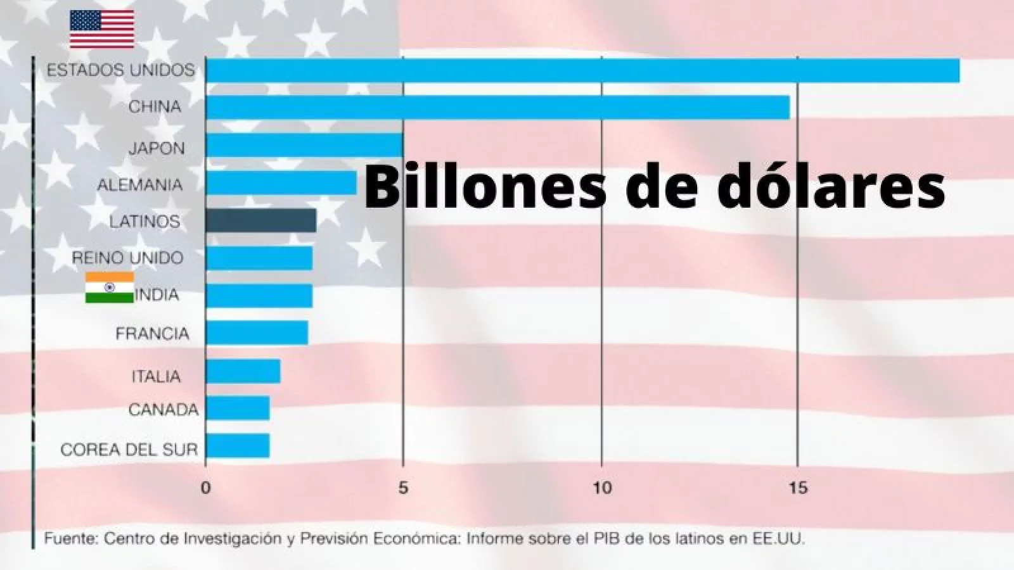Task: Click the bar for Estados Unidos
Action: (x=582, y=70)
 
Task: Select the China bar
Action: (x=497, y=107)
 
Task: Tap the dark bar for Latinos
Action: (x=260, y=220)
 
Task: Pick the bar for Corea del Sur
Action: (x=238, y=446)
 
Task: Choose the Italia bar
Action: (x=243, y=371)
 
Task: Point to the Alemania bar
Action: (x=281, y=183)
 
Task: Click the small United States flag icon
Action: (x=101, y=29)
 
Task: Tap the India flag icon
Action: (x=110, y=288)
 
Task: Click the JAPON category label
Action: (x=157, y=148)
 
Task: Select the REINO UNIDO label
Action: (x=127, y=258)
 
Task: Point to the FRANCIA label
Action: (x=152, y=333)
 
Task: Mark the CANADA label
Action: (x=163, y=410)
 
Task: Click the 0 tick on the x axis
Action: (x=205, y=488)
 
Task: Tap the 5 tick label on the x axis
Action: (x=403, y=488)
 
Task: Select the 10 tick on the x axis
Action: (x=601, y=488)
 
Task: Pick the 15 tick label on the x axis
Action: (x=798, y=488)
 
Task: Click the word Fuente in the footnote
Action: (x=69, y=539)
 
